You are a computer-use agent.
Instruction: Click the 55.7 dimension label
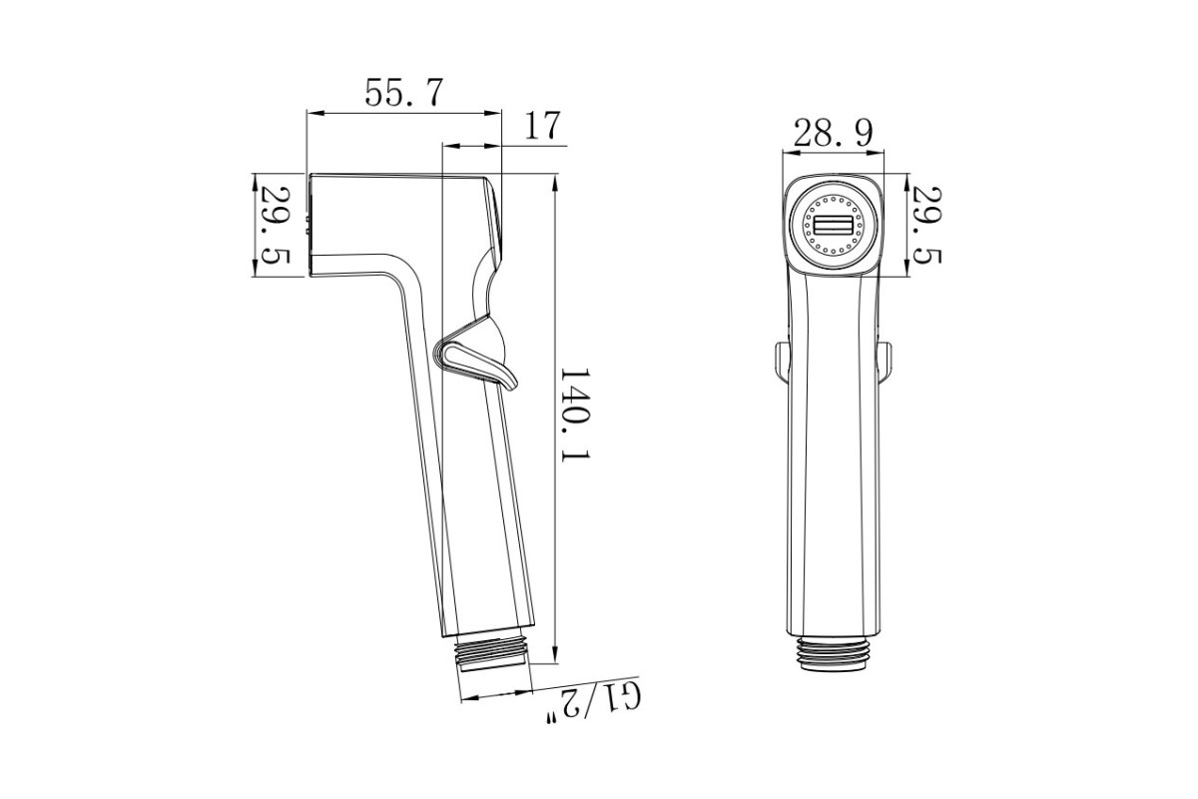pos(404,93)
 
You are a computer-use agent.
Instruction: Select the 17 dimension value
pos(542,125)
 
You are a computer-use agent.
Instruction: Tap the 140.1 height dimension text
pos(574,414)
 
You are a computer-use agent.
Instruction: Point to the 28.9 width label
pos(833,133)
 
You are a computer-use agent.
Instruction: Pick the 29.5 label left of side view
pos(276,226)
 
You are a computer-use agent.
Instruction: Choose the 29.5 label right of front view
pos(926,226)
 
